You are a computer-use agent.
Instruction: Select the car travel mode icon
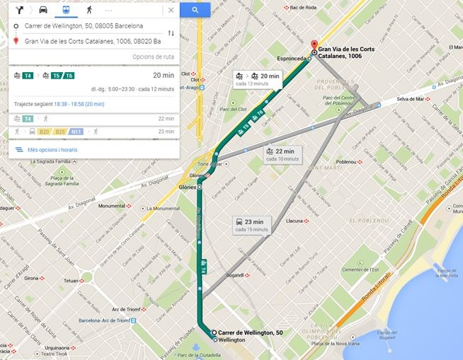tap(43, 10)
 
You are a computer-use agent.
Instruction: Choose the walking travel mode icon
tap(88, 10)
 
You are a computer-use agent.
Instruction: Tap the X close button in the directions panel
tap(171, 10)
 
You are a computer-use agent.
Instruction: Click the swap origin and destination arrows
tap(171, 33)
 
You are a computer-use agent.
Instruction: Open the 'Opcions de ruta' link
tap(153, 57)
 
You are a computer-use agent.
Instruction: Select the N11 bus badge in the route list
tap(76, 132)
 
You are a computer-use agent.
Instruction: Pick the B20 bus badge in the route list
tap(45, 132)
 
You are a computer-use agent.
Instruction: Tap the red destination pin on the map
tap(314, 45)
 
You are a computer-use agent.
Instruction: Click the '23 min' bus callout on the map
tap(251, 225)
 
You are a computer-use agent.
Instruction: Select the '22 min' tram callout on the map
tap(283, 154)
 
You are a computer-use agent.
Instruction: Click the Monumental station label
tap(112, 206)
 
